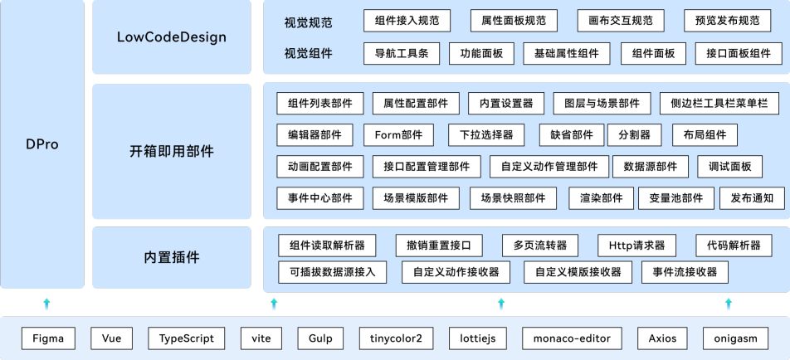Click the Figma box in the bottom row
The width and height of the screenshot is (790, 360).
48,338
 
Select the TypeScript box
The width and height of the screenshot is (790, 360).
187,338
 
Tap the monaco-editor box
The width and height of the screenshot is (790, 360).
573,338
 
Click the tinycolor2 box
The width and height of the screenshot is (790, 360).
397,338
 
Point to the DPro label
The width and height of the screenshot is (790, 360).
42,144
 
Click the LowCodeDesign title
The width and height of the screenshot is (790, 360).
172,37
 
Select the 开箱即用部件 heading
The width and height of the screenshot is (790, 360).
172,152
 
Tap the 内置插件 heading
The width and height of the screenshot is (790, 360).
172,257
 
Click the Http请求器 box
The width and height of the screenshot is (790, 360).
636,246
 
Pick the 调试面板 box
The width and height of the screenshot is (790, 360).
729,167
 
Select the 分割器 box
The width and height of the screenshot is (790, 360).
634,135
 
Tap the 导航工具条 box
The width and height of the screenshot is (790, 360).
402,54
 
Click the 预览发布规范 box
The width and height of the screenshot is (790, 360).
726,21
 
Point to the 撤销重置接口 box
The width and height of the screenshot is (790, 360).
439,246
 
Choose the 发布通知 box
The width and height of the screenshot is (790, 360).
752,198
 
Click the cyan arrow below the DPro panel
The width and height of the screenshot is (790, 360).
46,304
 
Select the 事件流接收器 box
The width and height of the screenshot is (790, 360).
685,271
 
